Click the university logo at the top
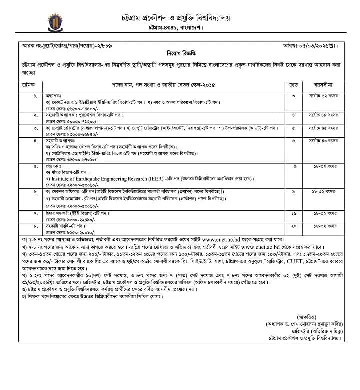tap(54, 23)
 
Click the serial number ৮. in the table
tap(35, 226)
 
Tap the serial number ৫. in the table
tap(35, 166)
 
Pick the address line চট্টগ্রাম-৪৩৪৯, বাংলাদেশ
tap(181, 27)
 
